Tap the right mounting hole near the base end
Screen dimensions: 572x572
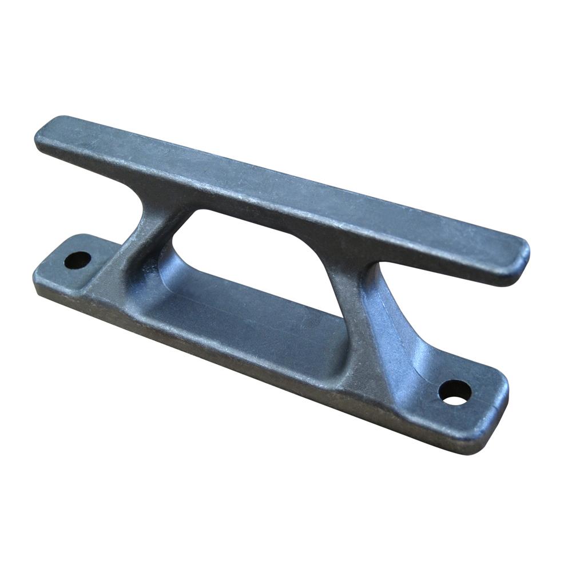click(455, 392)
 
